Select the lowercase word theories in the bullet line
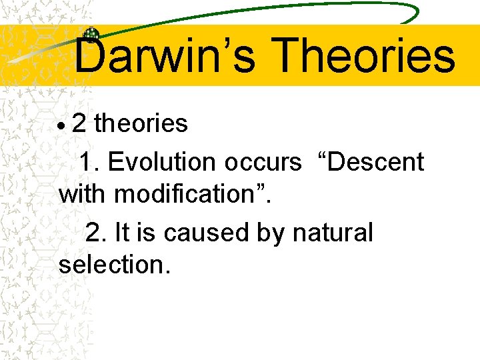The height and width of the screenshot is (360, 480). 141,123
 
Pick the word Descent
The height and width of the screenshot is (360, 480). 374,162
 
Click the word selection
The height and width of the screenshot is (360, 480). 114,265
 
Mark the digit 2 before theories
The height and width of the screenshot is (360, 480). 79,123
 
